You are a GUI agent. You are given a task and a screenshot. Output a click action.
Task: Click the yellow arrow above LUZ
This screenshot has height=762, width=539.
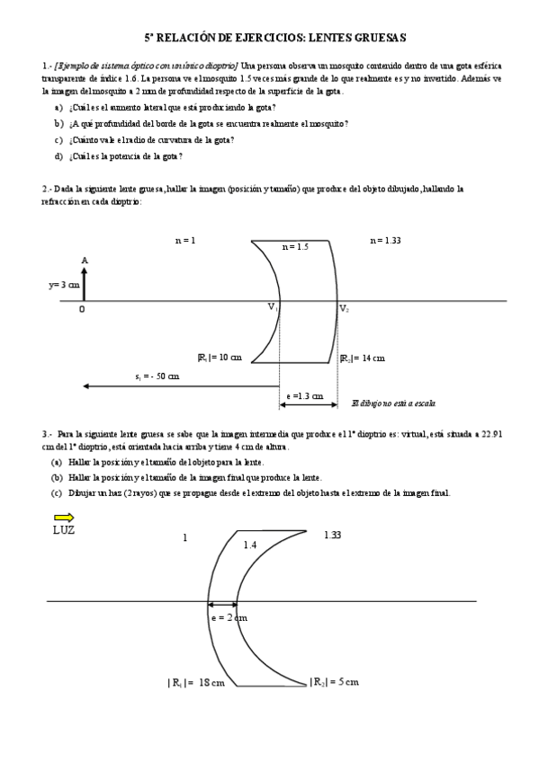tap(63, 518)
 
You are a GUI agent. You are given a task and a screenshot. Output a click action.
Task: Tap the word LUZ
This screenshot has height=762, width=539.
tap(64, 530)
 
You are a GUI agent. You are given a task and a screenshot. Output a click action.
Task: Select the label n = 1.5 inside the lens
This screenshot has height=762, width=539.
tap(295, 246)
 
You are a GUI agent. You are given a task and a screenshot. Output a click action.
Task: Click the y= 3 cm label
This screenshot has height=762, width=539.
tap(64, 284)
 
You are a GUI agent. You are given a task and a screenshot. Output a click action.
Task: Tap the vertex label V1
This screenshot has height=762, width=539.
tap(272, 307)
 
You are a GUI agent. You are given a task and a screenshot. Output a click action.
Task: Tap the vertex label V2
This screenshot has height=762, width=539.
tap(344, 308)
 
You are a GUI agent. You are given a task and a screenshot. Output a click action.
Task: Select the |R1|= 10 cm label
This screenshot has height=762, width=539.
tap(220, 357)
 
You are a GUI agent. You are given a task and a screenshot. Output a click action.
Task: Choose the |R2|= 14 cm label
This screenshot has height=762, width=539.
tap(362, 357)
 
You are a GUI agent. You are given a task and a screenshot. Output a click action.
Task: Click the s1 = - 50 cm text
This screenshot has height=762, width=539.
tap(157, 376)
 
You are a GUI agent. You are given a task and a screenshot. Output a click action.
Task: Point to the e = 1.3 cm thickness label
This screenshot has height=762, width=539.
tap(306, 395)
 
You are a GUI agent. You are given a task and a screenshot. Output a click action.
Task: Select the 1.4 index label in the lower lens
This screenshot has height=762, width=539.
tap(251, 545)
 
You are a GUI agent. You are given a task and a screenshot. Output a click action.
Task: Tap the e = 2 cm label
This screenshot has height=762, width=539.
tap(229, 617)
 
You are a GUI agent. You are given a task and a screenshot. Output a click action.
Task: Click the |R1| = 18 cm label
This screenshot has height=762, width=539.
tap(195, 683)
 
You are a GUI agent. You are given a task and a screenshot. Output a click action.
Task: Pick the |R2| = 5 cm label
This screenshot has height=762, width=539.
tap(334, 682)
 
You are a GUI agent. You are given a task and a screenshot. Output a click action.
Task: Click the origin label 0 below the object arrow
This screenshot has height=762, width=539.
tap(82, 308)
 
